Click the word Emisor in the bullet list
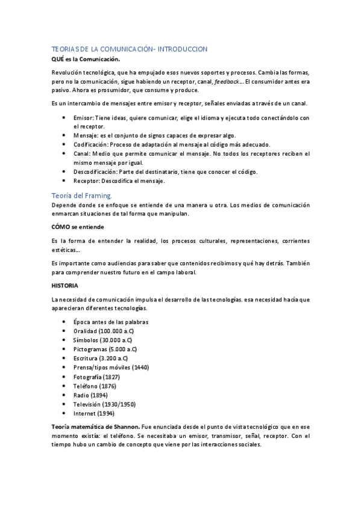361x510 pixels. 83,118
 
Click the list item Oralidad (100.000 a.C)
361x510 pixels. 104,331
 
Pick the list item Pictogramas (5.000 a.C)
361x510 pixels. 105,349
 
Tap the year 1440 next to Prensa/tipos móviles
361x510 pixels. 140,367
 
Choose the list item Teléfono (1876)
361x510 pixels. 95,386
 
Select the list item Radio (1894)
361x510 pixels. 90,395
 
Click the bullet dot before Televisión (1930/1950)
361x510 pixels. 64,404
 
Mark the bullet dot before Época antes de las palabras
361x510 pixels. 64,322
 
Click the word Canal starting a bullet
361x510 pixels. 82,153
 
